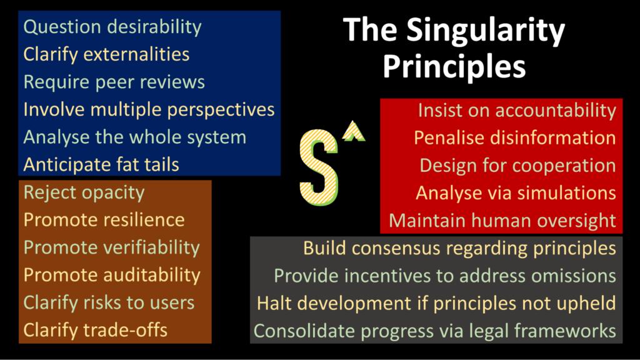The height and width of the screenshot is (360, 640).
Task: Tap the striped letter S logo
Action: click(x=319, y=167)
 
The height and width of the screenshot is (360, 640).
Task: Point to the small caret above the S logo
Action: click(x=354, y=131)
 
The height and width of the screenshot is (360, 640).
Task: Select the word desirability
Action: click(x=154, y=27)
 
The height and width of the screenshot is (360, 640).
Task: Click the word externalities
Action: click(x=136, y=54)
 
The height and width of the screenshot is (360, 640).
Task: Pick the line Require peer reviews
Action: click(x=114, y=82)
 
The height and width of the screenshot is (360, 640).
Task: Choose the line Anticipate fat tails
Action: click(x=101, y=164)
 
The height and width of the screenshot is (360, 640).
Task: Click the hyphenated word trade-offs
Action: click(x=125, y=330)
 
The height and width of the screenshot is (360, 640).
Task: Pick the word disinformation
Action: click(x=552, y=138)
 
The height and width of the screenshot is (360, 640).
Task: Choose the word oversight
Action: click(x=576, y=221)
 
